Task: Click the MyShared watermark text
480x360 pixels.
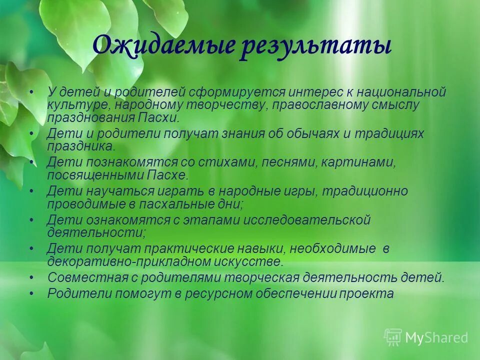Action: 436,337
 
